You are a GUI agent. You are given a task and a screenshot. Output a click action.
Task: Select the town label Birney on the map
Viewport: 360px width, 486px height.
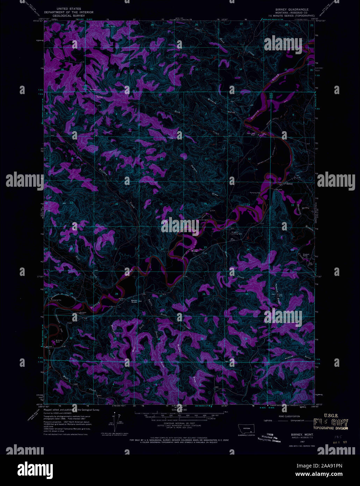[x=289, y=183]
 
